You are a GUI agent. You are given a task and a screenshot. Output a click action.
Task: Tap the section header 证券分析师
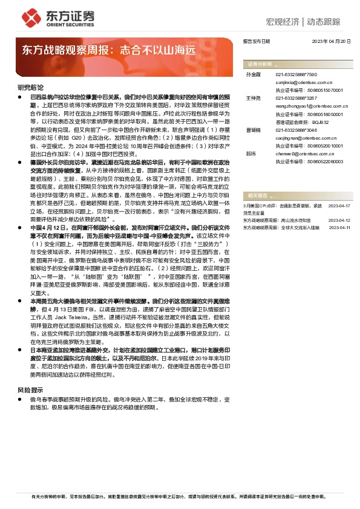pyautogui.click(x=260, y=63)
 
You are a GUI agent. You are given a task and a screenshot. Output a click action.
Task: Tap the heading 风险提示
pyautogui.click(x=30, y=373)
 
